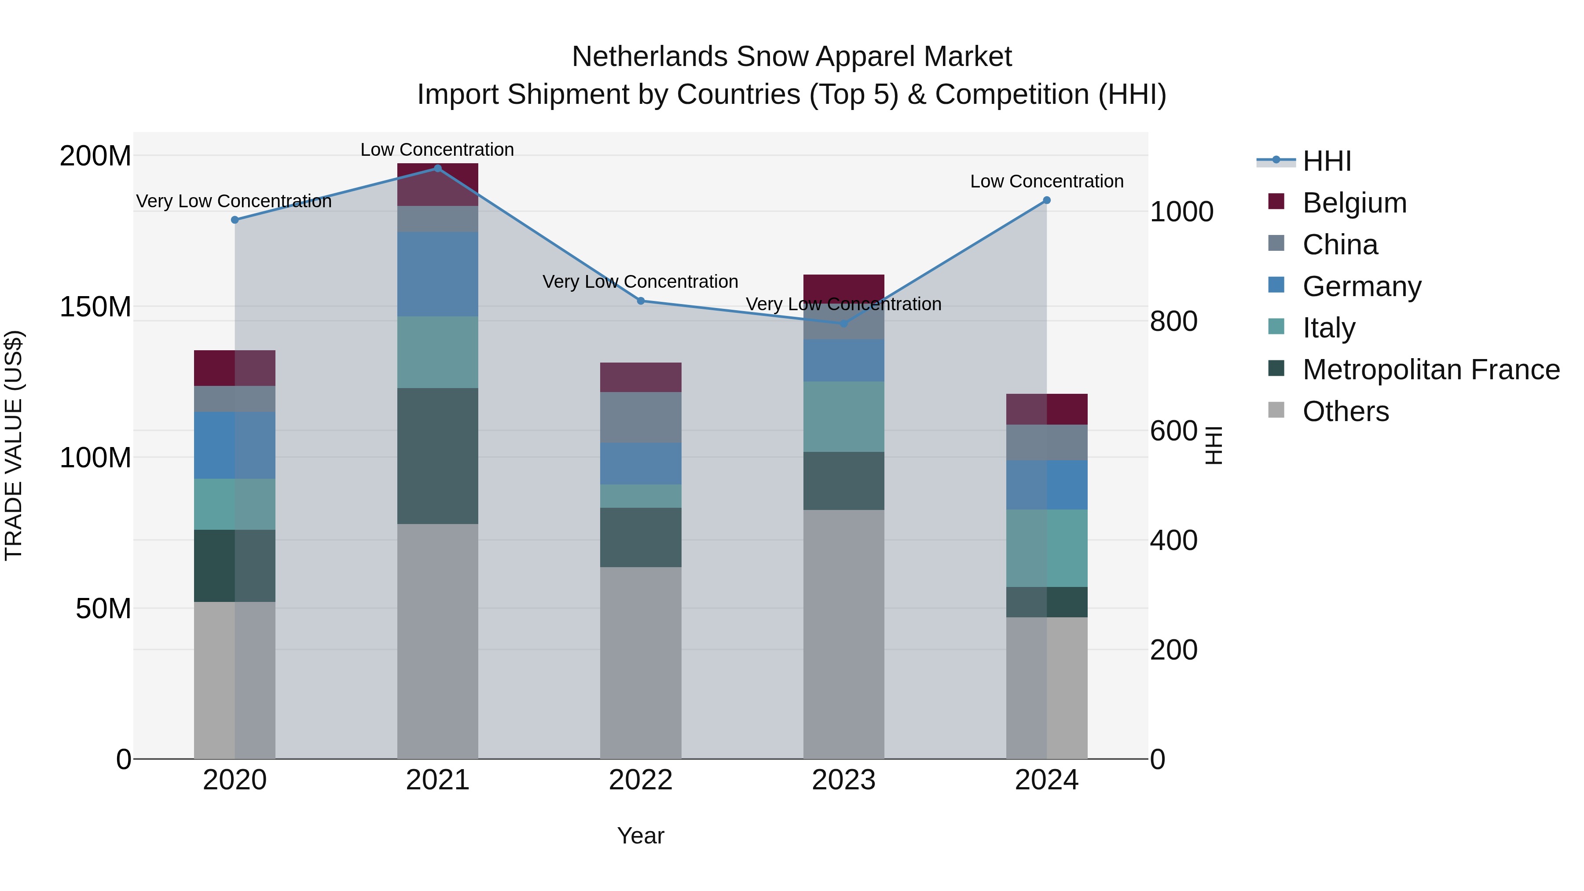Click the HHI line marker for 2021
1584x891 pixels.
click(437, 169)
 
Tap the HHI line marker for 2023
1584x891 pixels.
click(843, 323)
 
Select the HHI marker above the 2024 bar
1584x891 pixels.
click(1047, 201)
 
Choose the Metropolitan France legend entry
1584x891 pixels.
click(1430, 370)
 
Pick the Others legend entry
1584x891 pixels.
click(1346, 411)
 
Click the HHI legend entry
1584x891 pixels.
click(1326, 161)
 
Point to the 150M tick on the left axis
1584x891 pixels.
click(95, 307)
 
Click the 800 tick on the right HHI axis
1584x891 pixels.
click(1173, 321)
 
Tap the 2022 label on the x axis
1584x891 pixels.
click(640, 780)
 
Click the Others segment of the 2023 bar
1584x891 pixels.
click(843, 633)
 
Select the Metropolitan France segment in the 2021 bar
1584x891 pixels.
click(437, 456)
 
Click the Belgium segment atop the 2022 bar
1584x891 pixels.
click(640, 377)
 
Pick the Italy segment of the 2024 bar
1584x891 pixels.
click(1047, 548)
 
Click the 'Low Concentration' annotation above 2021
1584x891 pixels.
click(437, 150)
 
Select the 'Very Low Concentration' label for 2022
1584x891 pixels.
click(640, 282)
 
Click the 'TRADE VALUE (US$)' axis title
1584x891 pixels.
click(14, 445)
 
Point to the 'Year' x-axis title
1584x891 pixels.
click(640, 836)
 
